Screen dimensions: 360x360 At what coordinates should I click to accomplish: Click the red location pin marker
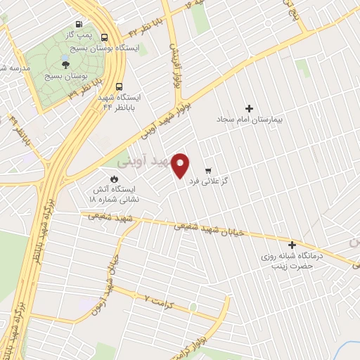click(181, 166)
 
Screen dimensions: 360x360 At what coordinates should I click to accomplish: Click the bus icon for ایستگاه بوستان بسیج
click(105, 37)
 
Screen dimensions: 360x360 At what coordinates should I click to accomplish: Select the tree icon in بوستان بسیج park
click(65, 63)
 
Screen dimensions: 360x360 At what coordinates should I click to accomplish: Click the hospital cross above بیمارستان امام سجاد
click(248, 108)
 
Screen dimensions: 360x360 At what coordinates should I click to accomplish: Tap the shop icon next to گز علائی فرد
click(208, 171)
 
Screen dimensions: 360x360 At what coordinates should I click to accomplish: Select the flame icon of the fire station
click(115, 178)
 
